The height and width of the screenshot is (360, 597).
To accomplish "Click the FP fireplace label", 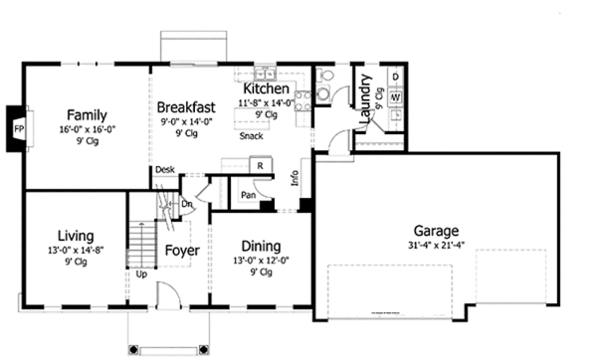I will (18, 129).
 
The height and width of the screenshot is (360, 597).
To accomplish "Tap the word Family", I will (87, 114).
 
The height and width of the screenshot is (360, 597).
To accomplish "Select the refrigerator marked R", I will (259, 165).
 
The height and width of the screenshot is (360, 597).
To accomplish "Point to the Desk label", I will (165, 170).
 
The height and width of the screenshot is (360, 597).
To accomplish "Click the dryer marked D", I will (395, 77).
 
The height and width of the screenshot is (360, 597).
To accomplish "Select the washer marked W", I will (395, 97).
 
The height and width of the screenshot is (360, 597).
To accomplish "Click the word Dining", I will (259, 246).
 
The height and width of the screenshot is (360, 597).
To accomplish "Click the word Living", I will (75, 236).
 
